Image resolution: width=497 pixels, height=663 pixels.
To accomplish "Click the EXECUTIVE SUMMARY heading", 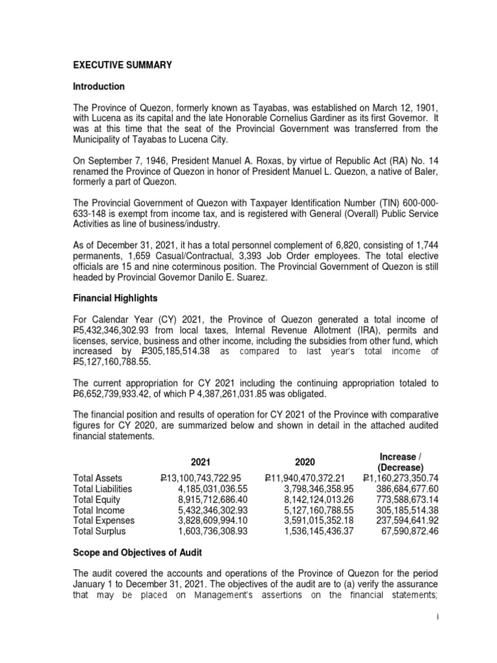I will click(x=123, y=65).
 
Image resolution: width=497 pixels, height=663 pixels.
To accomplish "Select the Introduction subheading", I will click(x=99, y=87).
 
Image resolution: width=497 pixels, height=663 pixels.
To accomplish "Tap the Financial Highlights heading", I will click(x=115, y=299).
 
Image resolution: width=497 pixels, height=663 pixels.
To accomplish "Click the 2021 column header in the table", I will click(x=200, y=462).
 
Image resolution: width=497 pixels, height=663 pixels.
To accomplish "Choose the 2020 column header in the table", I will click(x=305, y=462).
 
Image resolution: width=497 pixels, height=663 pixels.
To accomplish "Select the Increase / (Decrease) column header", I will click(x=401, y=462).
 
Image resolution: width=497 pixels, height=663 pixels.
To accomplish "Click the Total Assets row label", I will click(x=99, y=478).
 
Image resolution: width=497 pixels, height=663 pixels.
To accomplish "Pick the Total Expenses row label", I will click(x=104, y=521).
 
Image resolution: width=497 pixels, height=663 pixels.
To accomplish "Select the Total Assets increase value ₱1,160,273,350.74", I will click(x=401, y=478).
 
